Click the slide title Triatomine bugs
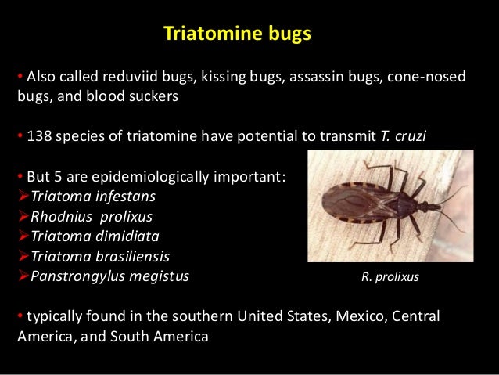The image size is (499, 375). coord(237,34)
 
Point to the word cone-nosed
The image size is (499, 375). coord(429,78)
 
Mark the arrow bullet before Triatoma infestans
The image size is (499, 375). coord(22,196)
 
